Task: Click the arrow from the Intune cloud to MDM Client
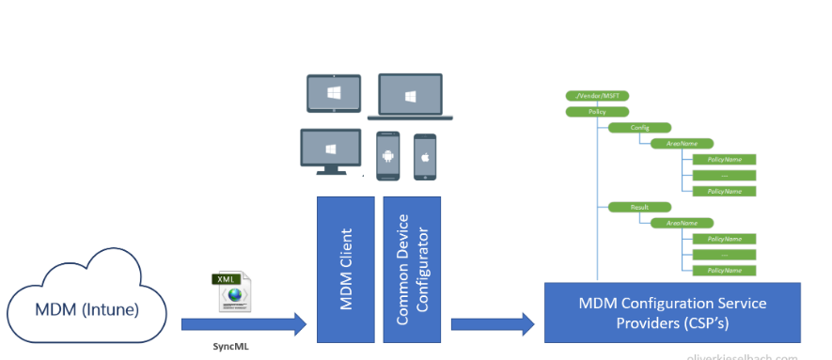pyautogui.click(x=243, y=324)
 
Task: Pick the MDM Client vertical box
pyautogui.click(x=345, y=270)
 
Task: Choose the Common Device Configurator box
pyautogui.click(x=410, y=270)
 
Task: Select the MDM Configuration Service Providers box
pyautogui.click(x=672, y=312)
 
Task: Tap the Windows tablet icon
pyautogui.click(x=333, y=94)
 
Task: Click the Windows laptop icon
pyautogui.click(x=410, y=97)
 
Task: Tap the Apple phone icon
pyautogui.click(x=425, y=156)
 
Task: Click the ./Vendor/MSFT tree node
pyautogui.click(x=589, y=96)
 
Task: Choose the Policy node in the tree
pyautogui.click(x=589, y=111)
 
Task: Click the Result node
pyautogui.click(x=627, y=206)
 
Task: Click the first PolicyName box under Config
pyautogui.click(x=724, y=159)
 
